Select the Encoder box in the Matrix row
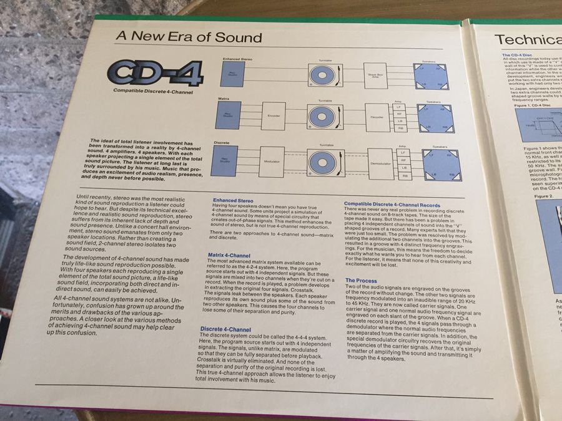(x=273, y=115)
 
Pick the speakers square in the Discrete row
(x=442, y=162)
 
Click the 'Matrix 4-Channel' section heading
(x=229, y=256)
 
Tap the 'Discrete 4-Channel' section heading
(x=225, y=329)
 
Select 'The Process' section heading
(x=361, y=281)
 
